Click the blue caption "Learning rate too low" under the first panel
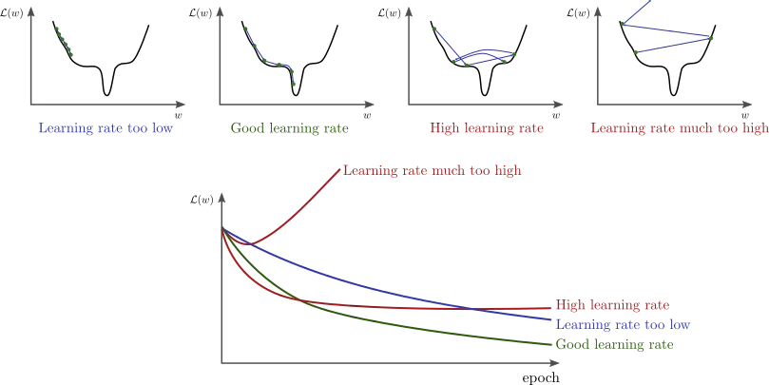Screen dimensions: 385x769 (106, 128)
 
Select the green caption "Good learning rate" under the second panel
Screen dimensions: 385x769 (288, 128)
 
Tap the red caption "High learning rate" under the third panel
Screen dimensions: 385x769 (488, 128)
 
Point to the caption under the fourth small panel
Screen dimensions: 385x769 (677, 128)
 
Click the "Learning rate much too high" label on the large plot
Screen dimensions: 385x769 (433, 172)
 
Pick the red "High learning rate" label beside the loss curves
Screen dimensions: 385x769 (611, 305)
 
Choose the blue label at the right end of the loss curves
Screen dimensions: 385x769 (624, 325)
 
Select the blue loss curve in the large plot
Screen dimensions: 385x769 (380, 285)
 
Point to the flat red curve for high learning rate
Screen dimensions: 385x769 (428, 307)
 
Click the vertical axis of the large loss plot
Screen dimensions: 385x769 (222, 285)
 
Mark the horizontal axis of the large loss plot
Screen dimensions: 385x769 (380, 362)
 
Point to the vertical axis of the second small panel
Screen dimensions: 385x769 (216, 57)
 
